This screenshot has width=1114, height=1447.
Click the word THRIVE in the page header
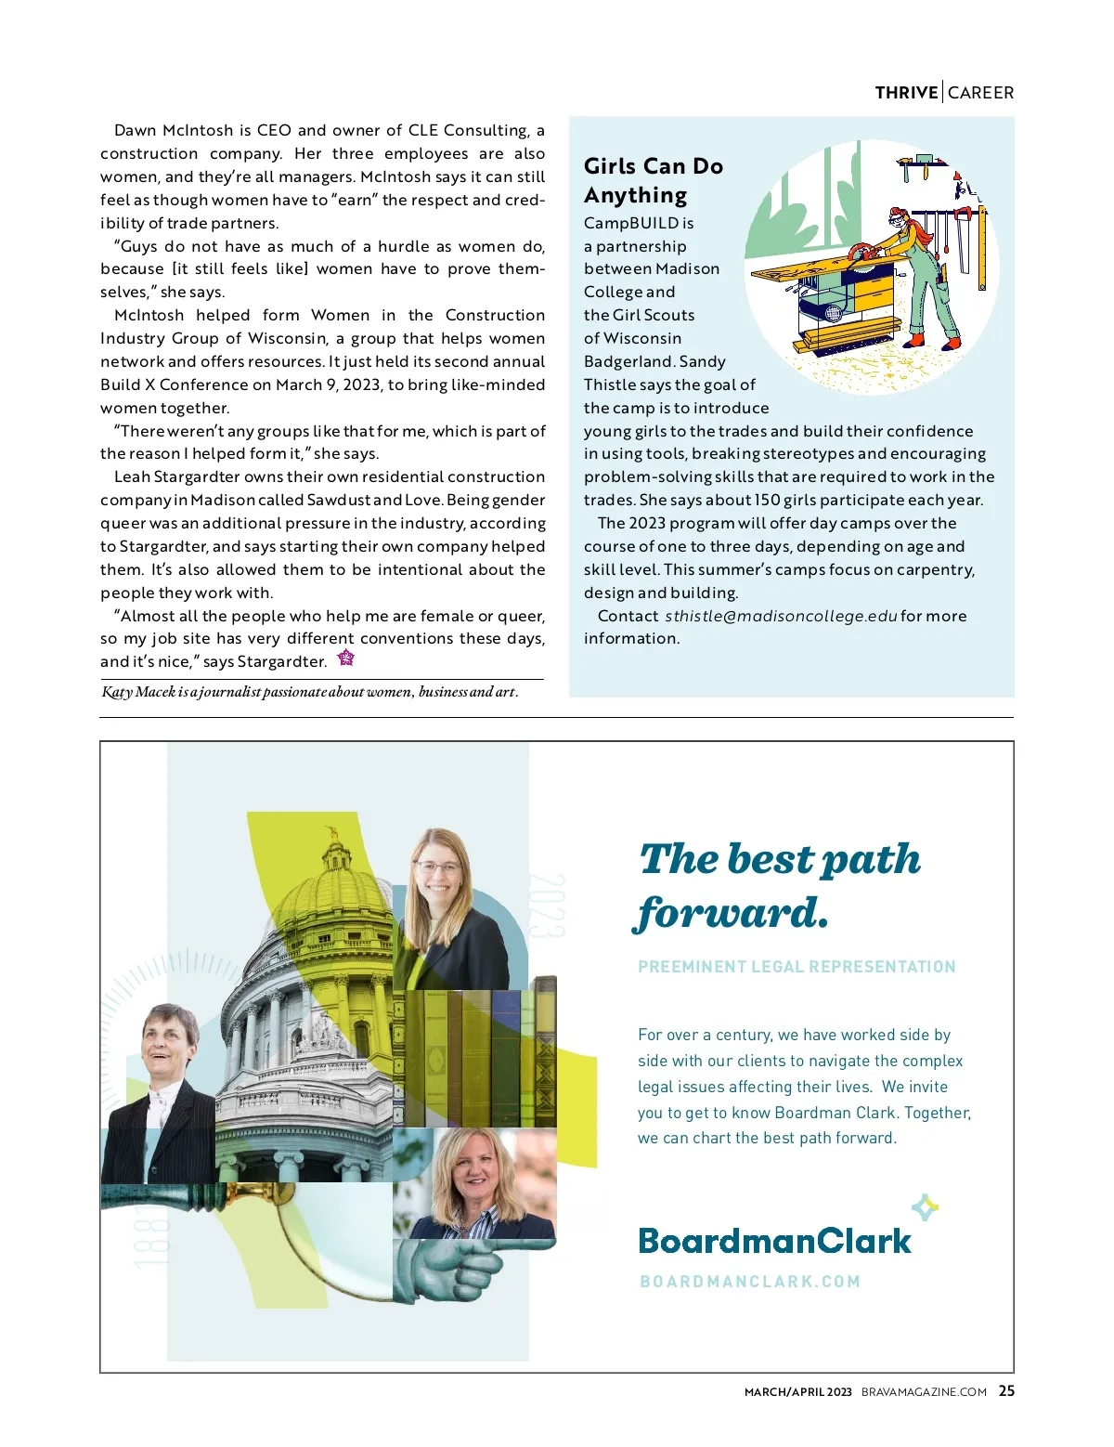(906, 93)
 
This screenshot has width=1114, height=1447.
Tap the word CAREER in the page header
(980, 93)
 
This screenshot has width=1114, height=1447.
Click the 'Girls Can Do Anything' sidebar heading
(653, 180)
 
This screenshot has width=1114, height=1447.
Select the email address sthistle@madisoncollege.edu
(781, 616)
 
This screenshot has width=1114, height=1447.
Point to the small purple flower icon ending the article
(346, 658)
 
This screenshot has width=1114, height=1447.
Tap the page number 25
(1006, 1391)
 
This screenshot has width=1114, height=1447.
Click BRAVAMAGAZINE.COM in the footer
(924, 1392)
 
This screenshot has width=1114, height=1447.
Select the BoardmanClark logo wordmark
(774, 1241)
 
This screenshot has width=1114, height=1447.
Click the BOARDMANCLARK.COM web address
(750, 1282)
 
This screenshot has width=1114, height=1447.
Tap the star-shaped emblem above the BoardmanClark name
(925, 1207)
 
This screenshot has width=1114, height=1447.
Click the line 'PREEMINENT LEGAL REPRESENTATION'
(797, 967)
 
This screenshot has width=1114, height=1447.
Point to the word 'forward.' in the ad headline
(732, 913)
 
